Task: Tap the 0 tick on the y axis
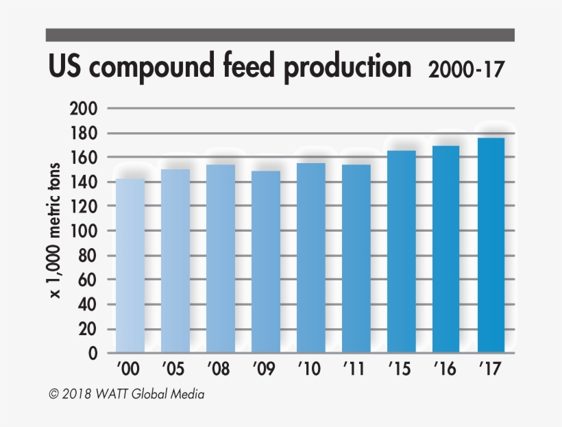coord(92,354)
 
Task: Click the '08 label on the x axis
coord(220,369)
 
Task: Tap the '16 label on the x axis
coord(446,369)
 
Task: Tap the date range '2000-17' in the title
coord(466,70)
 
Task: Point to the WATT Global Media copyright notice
coord(126,395)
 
